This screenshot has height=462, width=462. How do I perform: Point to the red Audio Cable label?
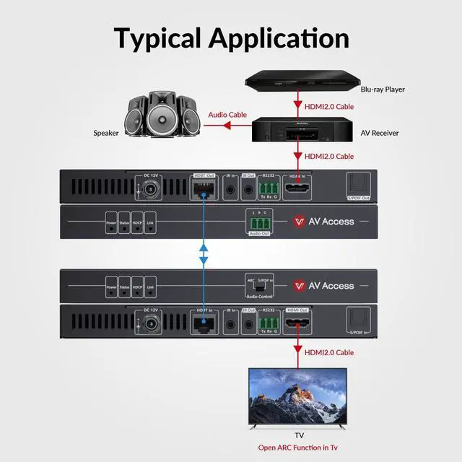tap(227, 115)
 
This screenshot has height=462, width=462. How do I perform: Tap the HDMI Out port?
tap(297, 324)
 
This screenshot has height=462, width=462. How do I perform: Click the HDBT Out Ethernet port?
tap(203, 190)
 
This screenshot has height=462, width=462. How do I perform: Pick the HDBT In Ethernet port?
tap(203, 324)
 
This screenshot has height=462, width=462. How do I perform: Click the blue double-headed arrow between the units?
tap(203, 253)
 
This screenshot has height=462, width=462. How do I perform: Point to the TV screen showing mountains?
tap(297, 398)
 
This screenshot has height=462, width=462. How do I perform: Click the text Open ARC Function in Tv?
tap(297, 448)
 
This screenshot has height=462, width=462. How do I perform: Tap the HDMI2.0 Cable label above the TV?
tap(328, 352)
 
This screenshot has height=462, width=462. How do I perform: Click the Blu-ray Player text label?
tap(383, 90)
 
